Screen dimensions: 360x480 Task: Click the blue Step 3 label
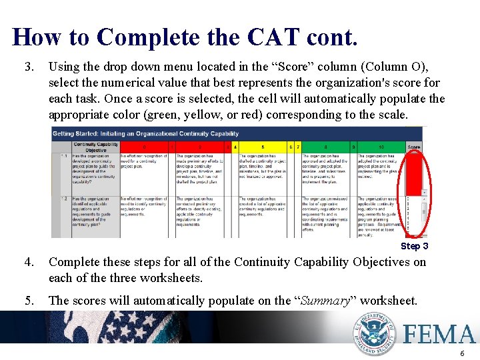pos(414,246)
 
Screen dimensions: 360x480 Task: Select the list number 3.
pos(28,67)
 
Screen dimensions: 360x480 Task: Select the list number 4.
pos(28,262)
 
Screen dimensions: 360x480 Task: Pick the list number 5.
pos(28,301)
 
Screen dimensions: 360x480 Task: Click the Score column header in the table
pos(414,147)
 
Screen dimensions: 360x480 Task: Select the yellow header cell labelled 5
pos(263,147)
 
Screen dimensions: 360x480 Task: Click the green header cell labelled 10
pos(381,147)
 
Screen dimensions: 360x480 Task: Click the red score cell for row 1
pos(414,173)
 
